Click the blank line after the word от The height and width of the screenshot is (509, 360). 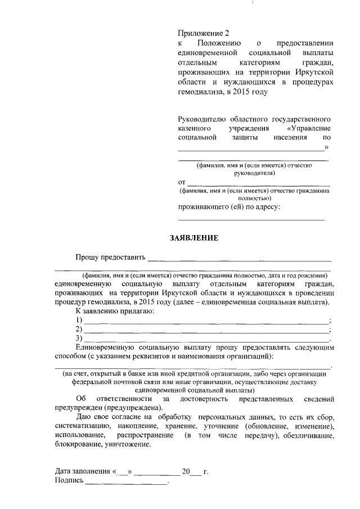(x=258, y=184)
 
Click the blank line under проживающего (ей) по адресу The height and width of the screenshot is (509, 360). (x=251, y=219)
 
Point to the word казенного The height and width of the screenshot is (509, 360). (x=196, y=128)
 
